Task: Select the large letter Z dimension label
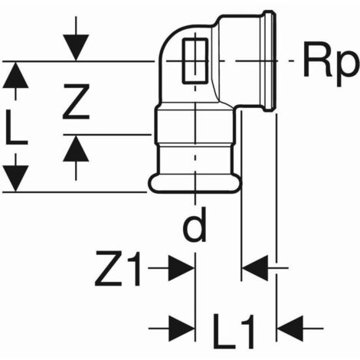(76, 102)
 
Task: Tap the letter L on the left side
(16, 127)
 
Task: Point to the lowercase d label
(195, 224)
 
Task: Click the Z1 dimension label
(117, 268)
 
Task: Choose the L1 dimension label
(234, 331)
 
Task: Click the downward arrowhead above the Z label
(76, 47)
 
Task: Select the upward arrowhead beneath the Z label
(76, 148)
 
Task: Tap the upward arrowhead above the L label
(15, 75)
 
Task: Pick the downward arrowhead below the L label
(15, 178)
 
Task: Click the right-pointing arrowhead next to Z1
(182, 268)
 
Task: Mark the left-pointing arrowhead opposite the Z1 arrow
(255, 268)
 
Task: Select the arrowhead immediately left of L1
(182, 329)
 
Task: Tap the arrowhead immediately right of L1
(290, 329)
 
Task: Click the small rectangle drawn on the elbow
(195, 61)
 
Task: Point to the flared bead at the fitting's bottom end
(195, 183)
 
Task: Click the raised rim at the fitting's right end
(270, 61)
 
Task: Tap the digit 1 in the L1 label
(248, 331)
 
